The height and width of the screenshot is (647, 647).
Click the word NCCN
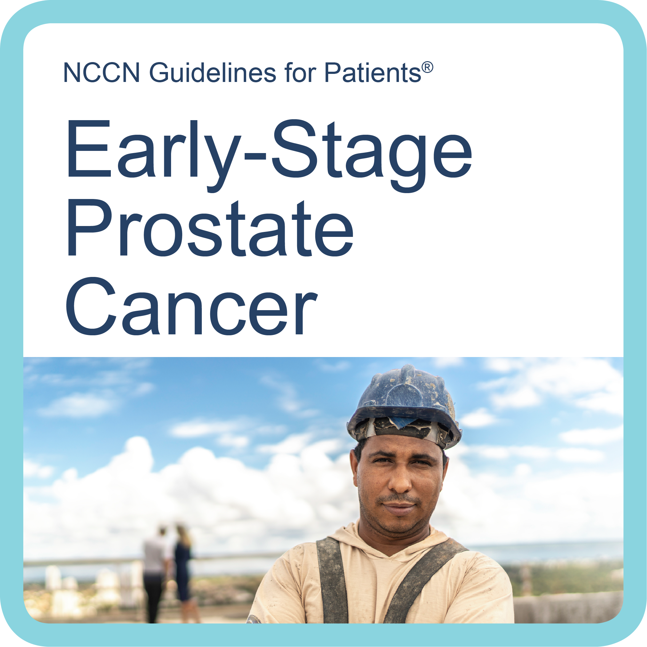(x=102, y=72)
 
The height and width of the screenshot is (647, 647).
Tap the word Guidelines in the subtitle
(x=213, y=72)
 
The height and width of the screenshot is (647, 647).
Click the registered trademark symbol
(x=427, y=67)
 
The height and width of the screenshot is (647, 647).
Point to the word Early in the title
(x=154, y=156)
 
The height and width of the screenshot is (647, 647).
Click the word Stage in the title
(x=372, y=156)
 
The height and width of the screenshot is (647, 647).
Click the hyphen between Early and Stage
(x=256, y=156)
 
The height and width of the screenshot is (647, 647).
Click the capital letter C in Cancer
(x=91, y=306)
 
